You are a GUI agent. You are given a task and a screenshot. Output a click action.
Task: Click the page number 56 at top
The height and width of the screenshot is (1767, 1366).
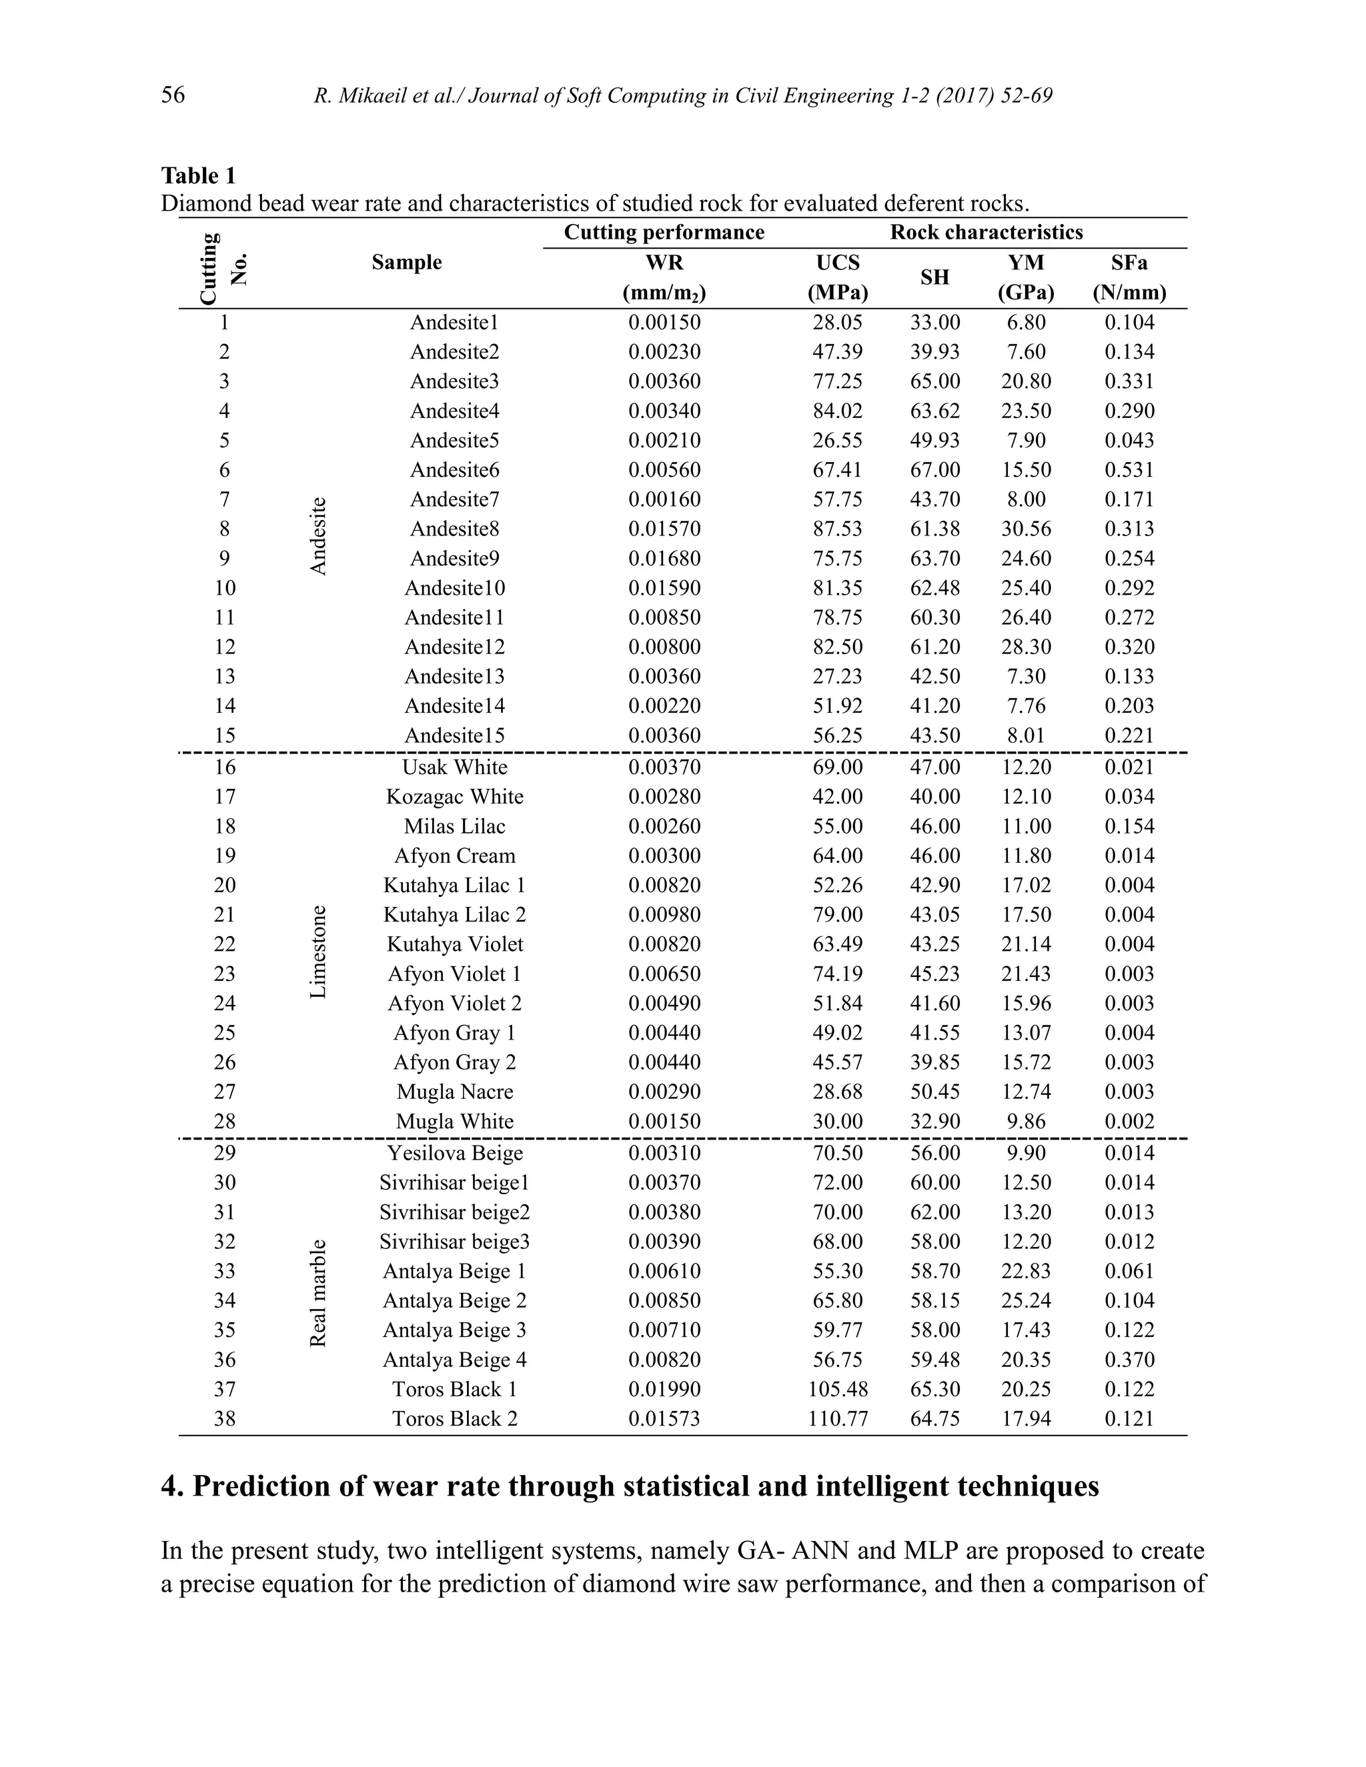(173, 95)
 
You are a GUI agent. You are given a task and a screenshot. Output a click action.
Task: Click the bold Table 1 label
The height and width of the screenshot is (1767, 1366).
(198, 175)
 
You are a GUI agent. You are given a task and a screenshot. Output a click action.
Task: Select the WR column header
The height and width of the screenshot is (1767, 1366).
(664, 263)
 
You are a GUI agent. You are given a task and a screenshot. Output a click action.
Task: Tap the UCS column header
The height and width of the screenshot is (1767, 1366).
(838, 263)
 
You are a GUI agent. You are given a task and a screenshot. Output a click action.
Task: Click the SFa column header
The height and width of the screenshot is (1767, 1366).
(1129, 263)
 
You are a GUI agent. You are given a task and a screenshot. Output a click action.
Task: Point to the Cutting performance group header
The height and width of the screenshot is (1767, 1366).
(664, 233)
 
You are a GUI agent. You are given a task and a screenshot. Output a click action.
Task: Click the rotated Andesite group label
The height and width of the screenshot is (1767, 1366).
(318, 535)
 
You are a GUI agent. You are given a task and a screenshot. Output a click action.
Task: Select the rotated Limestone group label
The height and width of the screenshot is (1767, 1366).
(318, 952)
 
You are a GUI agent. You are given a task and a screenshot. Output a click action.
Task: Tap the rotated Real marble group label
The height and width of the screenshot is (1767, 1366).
(318, 1293)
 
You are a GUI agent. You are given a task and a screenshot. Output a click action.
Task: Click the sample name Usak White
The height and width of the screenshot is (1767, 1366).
(455, 767)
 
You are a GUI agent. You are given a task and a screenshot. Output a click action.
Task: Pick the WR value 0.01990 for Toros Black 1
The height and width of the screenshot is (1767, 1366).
(664, 1389)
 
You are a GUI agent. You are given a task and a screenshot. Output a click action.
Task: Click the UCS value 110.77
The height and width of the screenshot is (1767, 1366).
(838, 1418)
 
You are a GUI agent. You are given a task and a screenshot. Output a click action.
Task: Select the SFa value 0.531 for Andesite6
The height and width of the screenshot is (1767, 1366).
(1129, 470)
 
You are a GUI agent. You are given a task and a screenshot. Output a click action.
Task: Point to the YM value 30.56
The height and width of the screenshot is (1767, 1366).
(1025, 529)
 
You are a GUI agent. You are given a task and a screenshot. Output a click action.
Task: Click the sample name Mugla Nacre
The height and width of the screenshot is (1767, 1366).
(455, 1092)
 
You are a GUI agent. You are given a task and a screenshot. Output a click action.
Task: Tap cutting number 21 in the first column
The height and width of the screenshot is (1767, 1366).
(224, 915)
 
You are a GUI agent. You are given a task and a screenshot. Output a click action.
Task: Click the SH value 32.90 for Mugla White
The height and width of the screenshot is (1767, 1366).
(934, 1122)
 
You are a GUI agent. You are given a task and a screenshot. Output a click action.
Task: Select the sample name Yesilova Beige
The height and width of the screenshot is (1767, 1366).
(455, 1153)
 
